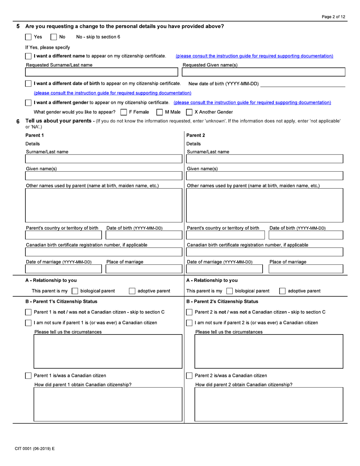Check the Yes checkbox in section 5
[x=28, y=37]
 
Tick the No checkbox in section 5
[x=54, y=37]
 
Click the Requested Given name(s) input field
[x=264, y=72]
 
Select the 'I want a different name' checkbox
[x=28, y=56]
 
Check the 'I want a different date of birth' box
[x=28, y=83]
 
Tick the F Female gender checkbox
[x=123, y=112]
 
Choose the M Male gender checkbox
[x=160, y=112]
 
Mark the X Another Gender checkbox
[x=189, y=112]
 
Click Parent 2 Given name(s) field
[x=265, y=176]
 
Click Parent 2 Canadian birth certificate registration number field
[x=265, y=252]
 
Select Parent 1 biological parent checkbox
[x=75, y=291]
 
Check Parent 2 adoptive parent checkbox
[x=282, y=291]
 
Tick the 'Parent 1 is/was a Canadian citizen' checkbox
[x=28, y=376]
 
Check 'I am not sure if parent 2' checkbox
[x=189, y=323]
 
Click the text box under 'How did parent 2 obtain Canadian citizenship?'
[x=269, y=404]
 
